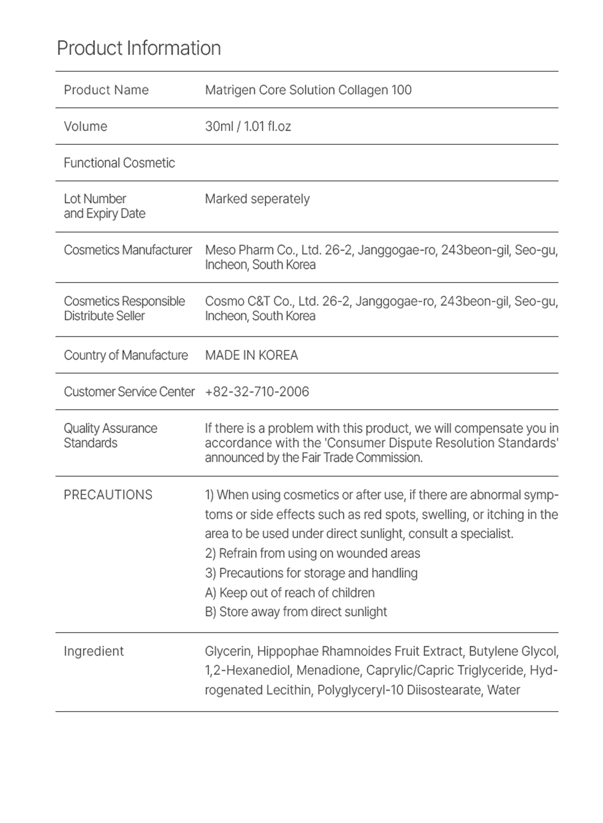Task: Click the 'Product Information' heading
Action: pos(139,48)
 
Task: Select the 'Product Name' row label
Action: pos(106,90)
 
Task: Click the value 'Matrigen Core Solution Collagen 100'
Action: pos(308,90)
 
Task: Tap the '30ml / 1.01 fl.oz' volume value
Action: pos(248,126)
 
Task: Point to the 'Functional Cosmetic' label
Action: pos(119,163)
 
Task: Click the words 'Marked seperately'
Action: pos(257,199)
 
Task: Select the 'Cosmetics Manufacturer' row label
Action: pos(128,250)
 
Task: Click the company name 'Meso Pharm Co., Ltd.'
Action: pos(263,250)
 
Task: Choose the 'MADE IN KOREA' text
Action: pos(251,355)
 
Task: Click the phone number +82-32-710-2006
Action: pos(257,392)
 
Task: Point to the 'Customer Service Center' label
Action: pos(129,392)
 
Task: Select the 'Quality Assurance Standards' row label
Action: pos(110,436)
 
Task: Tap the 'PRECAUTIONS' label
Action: pos(108,495)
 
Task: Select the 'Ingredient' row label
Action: pos(94,651)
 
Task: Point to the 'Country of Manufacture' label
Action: pos(126,355)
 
